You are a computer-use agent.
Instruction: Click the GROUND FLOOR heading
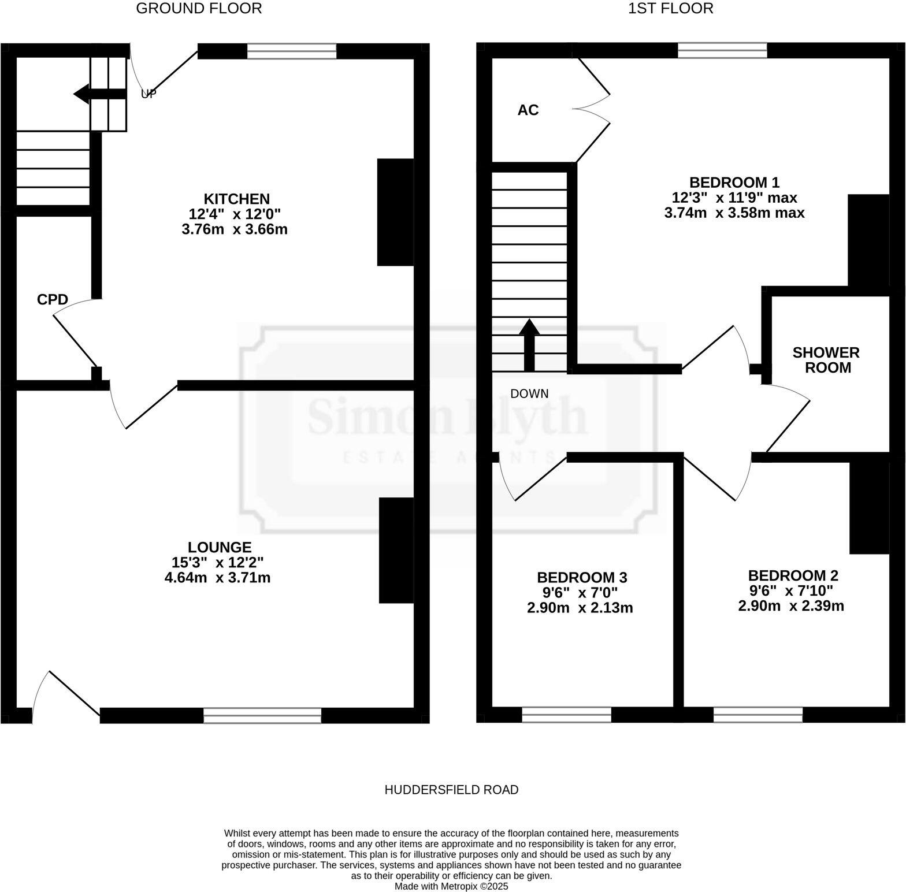[199, 8]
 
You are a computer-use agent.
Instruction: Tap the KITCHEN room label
[236, 199]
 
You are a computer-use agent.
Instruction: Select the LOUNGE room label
[220, 547]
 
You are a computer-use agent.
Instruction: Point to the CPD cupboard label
[53, 299]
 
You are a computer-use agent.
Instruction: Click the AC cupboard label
[528, 110]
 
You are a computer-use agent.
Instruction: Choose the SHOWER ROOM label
[826, 360]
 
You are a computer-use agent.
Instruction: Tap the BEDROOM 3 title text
[582, 577]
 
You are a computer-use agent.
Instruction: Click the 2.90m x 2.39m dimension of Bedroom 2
[791, 606]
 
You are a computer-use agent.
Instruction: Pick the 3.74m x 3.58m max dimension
[734, 213]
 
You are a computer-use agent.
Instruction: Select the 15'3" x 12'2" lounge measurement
[218, 562]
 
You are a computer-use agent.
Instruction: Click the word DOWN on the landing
[529, 394]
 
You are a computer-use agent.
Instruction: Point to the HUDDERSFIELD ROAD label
[451, 789]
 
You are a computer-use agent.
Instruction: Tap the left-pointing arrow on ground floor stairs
[98, 94]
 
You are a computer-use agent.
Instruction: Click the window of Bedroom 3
[566, 715]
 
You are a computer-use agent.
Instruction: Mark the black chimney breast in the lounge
[396, 550]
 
